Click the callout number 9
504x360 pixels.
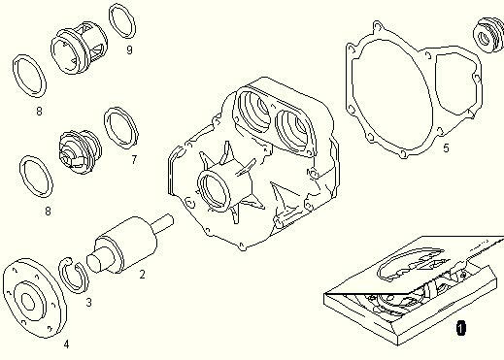[x=129, y=50]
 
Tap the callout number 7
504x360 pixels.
[x=134, y=159]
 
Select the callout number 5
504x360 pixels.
[x=446, y=148]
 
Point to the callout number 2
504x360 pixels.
[x=142, y=275]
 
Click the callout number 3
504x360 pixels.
[x=88, y=303]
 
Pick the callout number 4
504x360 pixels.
[x=66, y=344]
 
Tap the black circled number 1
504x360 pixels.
[x=461, y=328]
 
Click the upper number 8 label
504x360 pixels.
[x=39, y=112]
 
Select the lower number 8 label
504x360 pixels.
[x=48, y=212]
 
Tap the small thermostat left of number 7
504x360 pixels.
[x=80, y=151]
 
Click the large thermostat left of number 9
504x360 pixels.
[x=79, y=48]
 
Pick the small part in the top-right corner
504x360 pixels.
[x=489, y=35]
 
